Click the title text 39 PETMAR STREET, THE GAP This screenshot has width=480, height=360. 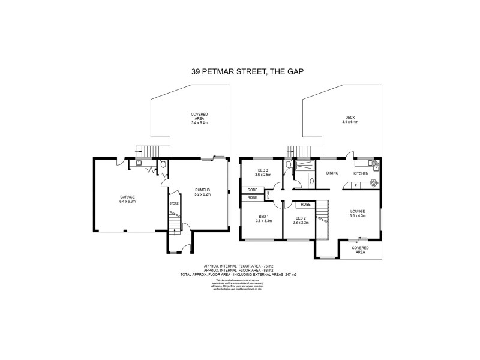(239, 71)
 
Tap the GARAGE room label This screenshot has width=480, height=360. (127, 197)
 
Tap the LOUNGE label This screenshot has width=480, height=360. (358, 211)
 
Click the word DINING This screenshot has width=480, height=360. (332, 173)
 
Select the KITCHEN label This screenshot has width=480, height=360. (361, 173)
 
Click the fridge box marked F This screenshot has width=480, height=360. (355, 186)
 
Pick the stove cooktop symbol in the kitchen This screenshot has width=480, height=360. (374, 182)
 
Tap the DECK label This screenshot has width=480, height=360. (350, 118)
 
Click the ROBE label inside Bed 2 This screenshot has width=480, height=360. (305, 205)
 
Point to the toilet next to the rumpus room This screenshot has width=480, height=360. (163, 164)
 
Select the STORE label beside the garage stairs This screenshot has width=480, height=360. (174, 203)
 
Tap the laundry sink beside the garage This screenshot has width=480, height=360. (139, 162)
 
